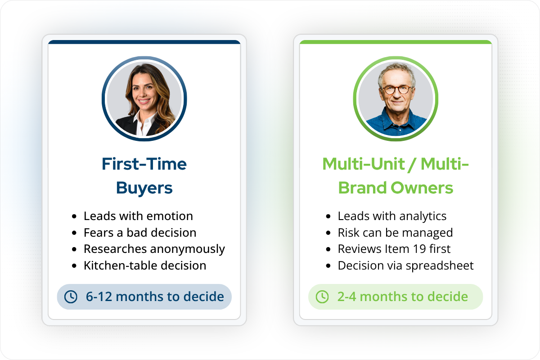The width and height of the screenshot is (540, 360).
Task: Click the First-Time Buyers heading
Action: point(144,175)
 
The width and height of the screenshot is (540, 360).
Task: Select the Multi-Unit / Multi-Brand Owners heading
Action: point(396,175)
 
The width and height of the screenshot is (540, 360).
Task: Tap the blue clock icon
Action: point(71,297)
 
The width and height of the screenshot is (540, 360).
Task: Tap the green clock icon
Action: point(322,297)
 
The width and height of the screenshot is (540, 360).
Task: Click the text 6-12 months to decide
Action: point(155,297)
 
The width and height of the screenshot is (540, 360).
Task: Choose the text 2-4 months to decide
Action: point(402,297)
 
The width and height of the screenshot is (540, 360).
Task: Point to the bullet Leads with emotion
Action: point(138,216)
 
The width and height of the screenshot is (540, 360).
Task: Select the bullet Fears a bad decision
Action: point(140,233)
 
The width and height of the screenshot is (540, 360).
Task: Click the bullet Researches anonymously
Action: point(154,249)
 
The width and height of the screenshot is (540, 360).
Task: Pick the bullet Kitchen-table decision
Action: point(145,265)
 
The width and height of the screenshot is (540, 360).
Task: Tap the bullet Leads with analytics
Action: point(392,216)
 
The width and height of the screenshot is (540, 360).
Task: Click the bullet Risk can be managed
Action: point(395,233)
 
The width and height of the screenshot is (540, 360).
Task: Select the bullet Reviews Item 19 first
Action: point(394,249)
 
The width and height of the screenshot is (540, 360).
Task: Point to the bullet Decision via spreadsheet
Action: point(405,265)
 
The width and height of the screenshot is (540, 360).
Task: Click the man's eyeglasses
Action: point(396,89)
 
